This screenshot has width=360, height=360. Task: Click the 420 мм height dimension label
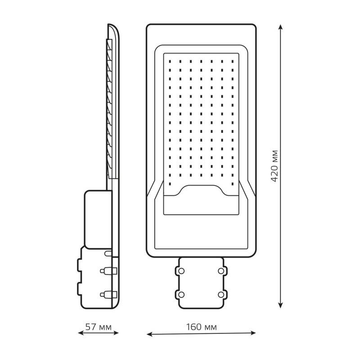coord(274,166)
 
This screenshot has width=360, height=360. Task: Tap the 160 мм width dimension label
coord(201,327)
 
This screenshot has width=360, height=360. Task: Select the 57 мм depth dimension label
coord(98,327)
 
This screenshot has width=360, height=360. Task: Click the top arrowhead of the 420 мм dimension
coord(280,27)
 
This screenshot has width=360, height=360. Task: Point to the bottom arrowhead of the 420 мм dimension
coord(280,305)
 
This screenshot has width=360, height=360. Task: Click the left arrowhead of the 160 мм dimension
coord(149,334)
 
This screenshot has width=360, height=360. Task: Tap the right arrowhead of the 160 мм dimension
coord(253,333)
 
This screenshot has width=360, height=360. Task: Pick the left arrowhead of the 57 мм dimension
coord(81,333)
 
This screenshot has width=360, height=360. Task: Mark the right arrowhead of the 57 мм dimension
coord(116,333)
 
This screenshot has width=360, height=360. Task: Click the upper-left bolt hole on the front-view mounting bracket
coord(181,271)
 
